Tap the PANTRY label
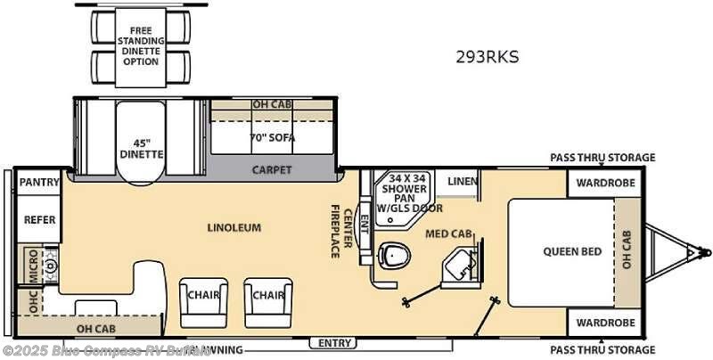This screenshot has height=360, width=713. point(39,183)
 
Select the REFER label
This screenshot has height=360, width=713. point(39,219)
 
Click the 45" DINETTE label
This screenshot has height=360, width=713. point(142,147)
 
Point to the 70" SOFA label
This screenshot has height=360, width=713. point(272,138)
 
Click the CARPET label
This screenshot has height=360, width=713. point(272,169)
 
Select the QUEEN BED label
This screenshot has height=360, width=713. point(572,250)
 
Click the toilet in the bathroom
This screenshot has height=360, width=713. point(393,256)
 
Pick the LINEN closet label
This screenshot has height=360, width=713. point(462,182)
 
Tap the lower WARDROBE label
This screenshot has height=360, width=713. point(604,322)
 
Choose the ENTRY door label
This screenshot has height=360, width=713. point(334,343)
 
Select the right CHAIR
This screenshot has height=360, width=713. point(266,295)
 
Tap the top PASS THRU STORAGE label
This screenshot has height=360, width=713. point(602,158)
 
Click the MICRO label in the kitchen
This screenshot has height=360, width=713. point(33,265)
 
